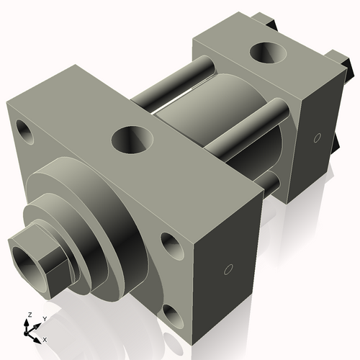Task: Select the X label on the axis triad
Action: tap(45, 338)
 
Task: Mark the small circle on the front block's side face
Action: tap(228, 271)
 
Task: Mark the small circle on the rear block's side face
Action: tap(318, 137)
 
